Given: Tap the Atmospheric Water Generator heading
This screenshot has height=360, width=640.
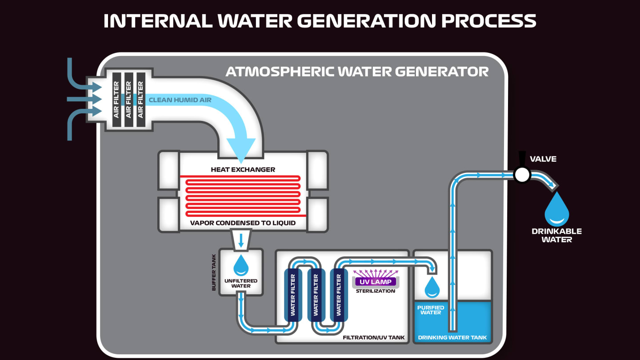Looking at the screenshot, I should point(357,71).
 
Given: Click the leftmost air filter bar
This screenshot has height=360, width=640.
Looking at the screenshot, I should point(116,99).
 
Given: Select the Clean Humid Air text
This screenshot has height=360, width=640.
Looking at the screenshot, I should point(180,100).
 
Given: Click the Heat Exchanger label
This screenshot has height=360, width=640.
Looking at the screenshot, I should point(243,169).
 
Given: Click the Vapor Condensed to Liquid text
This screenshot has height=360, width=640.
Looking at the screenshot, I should point(243,223).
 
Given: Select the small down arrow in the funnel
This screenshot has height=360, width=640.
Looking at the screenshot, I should point(241,240).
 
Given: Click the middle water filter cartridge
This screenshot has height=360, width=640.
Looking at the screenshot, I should point(316,294).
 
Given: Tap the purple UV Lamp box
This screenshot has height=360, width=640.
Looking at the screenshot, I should point(376,282).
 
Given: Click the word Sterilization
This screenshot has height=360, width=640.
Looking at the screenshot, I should point(376,291).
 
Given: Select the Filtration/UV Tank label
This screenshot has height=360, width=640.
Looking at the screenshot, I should point(374,337).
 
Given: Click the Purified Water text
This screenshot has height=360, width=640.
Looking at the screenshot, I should point(431,309).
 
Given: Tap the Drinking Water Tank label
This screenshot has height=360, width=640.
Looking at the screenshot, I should point(452,337).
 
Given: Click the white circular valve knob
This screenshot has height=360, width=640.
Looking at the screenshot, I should point(522,175).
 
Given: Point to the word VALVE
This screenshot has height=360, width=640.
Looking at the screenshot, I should point(543,159).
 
